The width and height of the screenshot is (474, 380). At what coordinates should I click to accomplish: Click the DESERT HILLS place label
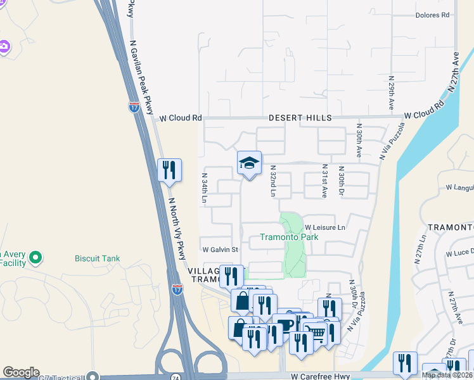[x=291, y=118]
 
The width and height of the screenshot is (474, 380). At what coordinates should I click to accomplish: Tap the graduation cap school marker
[x=249, y=163]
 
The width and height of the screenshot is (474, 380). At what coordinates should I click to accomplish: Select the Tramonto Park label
[x=288, y=237]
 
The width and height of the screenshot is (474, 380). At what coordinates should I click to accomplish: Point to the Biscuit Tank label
[x=95, y=258]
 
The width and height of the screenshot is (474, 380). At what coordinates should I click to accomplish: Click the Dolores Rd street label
[x=432, y=15]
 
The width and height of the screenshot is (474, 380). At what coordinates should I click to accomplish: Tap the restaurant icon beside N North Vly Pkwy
[x=169, y=170]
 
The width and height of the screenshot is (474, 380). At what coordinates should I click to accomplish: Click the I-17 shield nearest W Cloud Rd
[x=134, y=107]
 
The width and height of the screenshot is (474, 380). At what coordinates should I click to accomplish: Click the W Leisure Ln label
[x=324, y=227]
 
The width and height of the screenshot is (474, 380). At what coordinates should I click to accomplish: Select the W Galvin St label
[x=219, y=250]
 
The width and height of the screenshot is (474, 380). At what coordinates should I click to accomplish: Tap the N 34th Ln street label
[x=205, y=188]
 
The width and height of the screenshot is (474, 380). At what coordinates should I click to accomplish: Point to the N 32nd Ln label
[x=273, y=181]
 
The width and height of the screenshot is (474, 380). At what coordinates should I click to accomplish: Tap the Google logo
[x=21, y=372]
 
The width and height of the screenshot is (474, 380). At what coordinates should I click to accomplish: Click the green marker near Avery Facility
[x=36, y=257]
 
